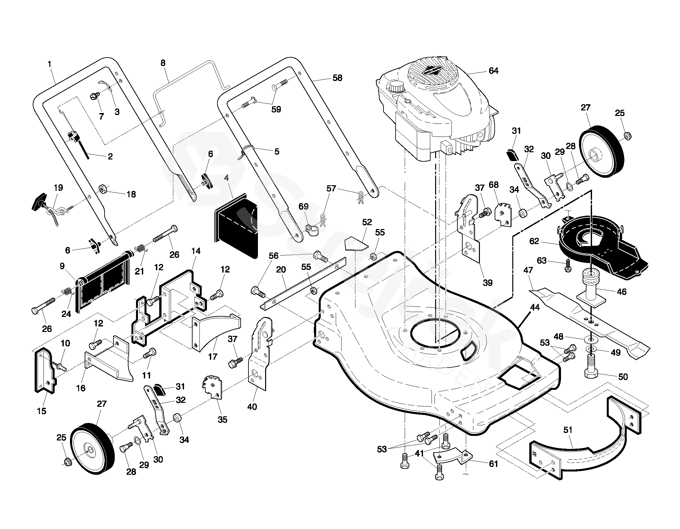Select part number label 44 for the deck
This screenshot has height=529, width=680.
[535, 307]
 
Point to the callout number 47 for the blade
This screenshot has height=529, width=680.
[528, 270]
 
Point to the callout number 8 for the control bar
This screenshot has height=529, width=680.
[163, 63]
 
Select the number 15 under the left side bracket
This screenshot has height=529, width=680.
[42, 411]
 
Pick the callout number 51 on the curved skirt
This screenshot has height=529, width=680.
[568, 430]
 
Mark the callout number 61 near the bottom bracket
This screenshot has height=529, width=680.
[493, 464]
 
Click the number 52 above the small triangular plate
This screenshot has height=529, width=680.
[367, 222]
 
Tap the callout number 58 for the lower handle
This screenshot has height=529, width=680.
[337, 78]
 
